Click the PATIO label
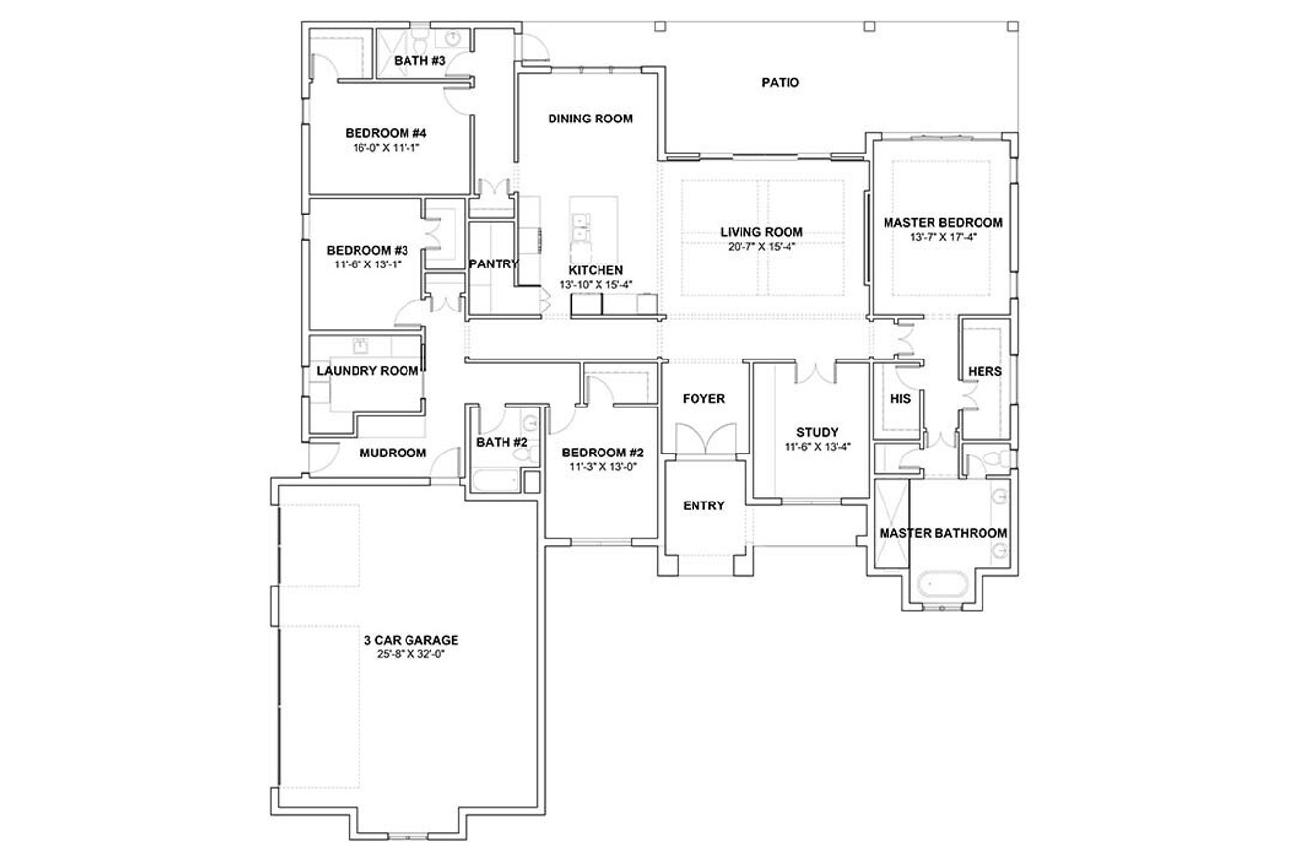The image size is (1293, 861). point(780,83)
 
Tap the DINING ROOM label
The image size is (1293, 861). point(590,119)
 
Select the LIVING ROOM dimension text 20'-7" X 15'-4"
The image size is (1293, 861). point(761,246)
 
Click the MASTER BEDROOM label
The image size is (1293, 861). point(942,222)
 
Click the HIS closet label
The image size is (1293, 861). point(900,399)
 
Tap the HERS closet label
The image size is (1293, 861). point(984,372)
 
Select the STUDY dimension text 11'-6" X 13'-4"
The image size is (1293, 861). point(817,446)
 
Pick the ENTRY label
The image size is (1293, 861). point(703,505)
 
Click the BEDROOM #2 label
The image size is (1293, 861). point(601,453)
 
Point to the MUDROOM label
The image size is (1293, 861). point(393,453)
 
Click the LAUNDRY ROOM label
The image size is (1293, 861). point(367,371)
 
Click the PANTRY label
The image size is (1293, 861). point(494,264)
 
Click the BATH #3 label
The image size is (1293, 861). point(419,61)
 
